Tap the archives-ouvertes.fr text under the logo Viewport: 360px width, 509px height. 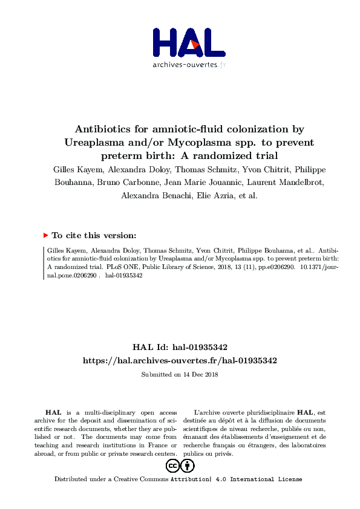(x=189, y=65)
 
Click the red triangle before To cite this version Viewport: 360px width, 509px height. (x=45, y=235)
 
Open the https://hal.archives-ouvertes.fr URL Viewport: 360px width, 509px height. (x=180, y=360)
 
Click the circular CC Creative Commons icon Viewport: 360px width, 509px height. (x=172, y=465)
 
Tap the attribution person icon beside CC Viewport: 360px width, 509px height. (x=188, y=465)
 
